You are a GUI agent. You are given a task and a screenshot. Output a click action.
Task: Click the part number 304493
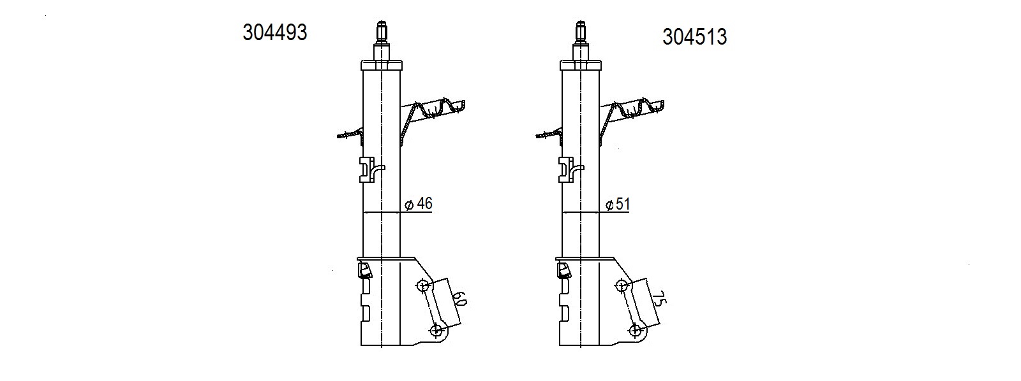(x=275, y=32)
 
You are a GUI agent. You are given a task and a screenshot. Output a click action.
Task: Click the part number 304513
(x=695, y=37)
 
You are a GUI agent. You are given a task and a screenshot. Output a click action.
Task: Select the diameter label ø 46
(x=419, y=204)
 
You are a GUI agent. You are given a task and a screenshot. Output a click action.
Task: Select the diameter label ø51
(x=618, y=205)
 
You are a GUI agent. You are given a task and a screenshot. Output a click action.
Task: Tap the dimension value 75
(x=659, y=300)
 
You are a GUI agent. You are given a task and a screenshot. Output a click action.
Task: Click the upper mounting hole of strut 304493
(x=423, y=286)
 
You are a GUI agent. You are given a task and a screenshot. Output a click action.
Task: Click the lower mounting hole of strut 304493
(x=436, y=330)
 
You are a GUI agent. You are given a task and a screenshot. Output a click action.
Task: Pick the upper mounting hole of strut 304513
(x=622, y=286)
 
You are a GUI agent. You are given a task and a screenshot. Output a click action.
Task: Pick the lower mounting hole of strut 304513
(x=635, y=330)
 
